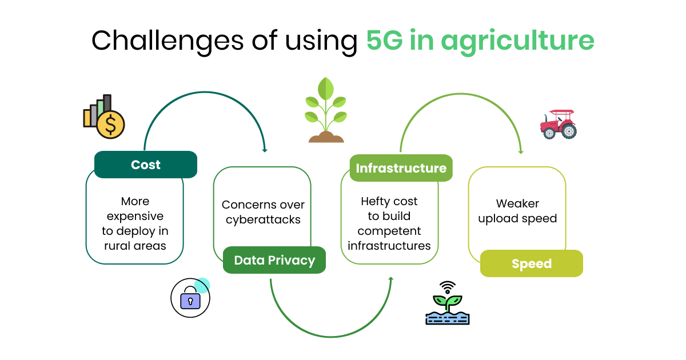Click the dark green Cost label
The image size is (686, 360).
tap(146, 165)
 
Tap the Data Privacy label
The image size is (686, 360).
tap(274, 261)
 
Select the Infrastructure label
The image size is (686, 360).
tap(401, 168)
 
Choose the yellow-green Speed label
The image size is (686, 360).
tap(532, 263)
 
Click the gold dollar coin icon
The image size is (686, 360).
tap(110, 124)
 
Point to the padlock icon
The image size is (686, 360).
tap(190, 299)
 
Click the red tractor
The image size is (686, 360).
tap(558, 125)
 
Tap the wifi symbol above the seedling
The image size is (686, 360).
tap(448, 287)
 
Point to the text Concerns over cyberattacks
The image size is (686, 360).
tap(263, 212)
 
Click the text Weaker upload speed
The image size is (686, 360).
tap(517, 211)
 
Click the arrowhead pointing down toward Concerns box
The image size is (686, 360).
tap(265, 150)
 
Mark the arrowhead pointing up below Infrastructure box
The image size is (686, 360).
tap(392, 278)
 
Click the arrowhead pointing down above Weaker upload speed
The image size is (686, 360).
tap(521, 152)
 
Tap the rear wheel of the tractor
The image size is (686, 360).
tap(568, 131)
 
